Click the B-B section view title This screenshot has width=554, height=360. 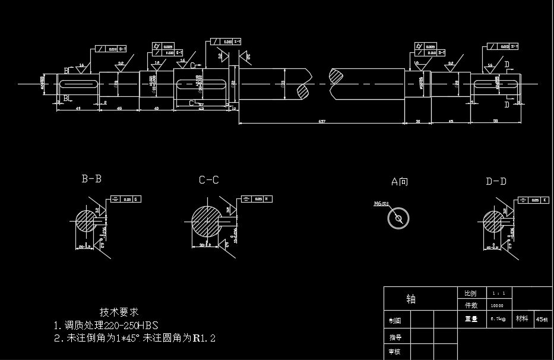91,178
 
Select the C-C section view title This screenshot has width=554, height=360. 208,179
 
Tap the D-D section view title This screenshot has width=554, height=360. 496,181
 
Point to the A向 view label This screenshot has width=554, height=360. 399,181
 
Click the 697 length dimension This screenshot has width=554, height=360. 322,121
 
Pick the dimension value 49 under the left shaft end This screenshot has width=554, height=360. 78,108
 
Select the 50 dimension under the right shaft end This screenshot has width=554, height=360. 495,121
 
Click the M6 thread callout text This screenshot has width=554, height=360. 381,203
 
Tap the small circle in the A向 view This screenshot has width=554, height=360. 399,219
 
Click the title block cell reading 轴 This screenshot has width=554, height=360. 411,298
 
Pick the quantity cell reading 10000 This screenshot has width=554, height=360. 497,305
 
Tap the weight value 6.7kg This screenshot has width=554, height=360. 498,319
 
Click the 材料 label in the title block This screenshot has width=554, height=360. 522,319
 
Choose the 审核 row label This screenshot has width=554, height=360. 395,352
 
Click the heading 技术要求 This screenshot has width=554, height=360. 119,312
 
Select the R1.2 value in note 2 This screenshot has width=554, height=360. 203,338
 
